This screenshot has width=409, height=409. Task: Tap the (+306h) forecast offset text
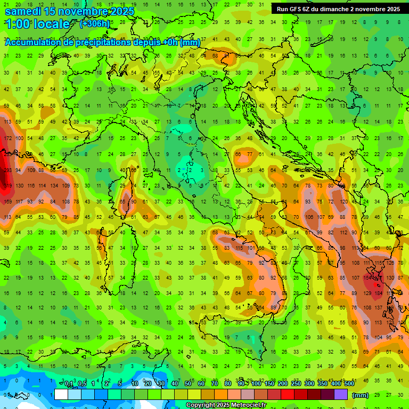click(x=95, y=23)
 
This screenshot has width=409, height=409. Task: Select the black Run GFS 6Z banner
click(x=338, y=9)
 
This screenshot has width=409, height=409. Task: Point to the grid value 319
click(x=7, y=186)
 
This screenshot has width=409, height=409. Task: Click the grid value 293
click(x=7, y=170)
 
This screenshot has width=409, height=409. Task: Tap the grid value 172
click(x=7, y=138)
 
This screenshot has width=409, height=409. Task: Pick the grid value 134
click(x=54, y=186)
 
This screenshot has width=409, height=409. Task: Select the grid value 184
click(x=379, y=293)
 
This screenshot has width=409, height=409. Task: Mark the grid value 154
click(x=368, y=278)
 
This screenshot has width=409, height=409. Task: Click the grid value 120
click(x=344, y=201)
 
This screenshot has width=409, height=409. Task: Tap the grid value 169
click(x=7, y=201)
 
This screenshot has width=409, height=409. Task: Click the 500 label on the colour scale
click(x=349, y=384)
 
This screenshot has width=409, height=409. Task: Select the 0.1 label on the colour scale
click(x=69, y=384)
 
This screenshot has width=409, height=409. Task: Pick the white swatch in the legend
click(x=61, y=395)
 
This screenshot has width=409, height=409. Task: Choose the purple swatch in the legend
click(x=341, y=395)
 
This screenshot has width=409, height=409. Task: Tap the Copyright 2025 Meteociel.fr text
click(x=226, y=405)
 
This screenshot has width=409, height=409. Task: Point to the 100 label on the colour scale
click(x=256, y=384)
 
